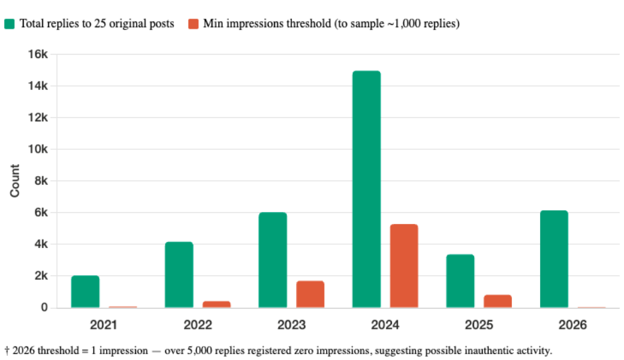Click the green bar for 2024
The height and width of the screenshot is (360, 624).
(367, 189)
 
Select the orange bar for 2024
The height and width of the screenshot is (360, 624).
(404, 266)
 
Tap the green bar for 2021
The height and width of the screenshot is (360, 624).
(85, 291)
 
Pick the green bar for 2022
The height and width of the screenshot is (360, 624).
(179, 275)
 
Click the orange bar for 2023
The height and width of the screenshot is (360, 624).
(310, 294)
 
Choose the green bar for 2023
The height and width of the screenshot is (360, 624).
(273, 260)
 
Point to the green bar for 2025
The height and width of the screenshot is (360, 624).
(460, 281)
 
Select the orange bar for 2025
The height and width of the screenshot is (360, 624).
(498, 301)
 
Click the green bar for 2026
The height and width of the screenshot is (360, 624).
(554, 259)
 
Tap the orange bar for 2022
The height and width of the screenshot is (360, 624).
(217, 304)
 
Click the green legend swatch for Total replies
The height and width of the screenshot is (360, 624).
(9, 24)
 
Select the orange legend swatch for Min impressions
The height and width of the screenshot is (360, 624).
(193, 24)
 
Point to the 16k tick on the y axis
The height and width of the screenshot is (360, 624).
(37, 54)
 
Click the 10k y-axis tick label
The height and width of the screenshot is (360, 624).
(37, 149)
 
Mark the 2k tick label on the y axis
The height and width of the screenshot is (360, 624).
(39, 276)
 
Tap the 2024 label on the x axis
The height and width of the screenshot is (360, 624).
(385, 325)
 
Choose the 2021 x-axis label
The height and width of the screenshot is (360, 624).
(104, 325)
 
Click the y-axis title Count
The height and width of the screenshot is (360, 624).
(15, 181)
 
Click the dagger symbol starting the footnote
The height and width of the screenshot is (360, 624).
(6, 350)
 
